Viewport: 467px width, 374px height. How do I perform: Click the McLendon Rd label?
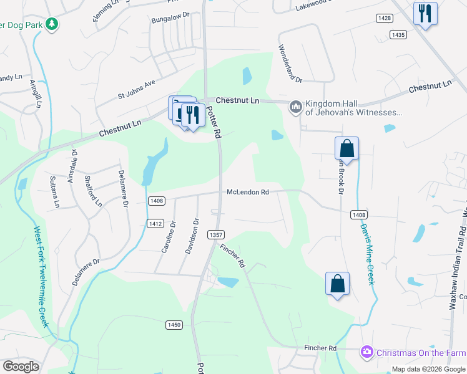247,193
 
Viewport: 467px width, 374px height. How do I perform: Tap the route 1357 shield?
216,235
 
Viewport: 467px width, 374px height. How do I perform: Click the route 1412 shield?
155,223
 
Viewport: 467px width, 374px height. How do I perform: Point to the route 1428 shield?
385,18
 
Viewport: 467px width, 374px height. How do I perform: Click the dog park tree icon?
53,24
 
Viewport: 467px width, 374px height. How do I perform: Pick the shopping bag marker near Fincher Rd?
337,283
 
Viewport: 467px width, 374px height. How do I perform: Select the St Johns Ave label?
136,89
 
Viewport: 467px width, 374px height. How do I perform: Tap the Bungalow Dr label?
170,18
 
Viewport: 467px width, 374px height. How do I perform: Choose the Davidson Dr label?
192,236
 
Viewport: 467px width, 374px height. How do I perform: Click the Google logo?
21,367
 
